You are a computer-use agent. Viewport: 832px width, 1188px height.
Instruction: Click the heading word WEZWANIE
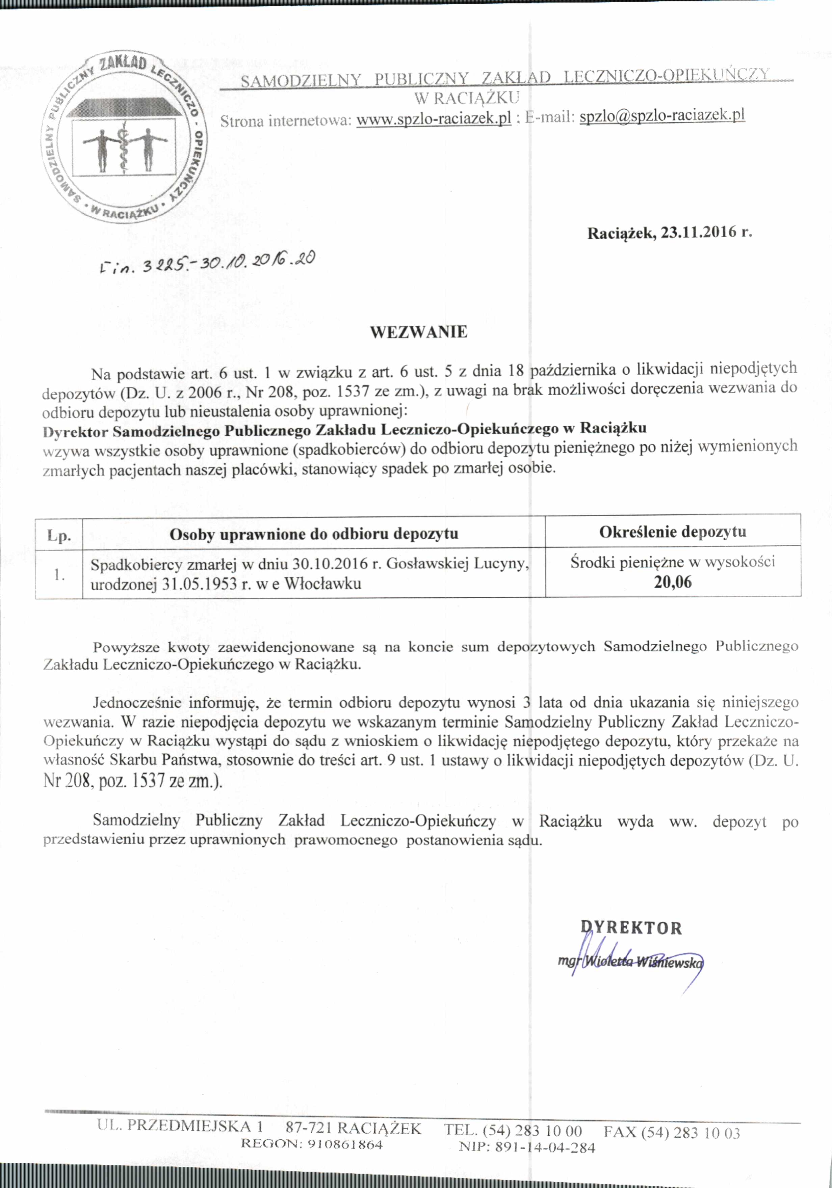pos(418,332)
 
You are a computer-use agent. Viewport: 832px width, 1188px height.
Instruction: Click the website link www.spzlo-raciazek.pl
pos(434,119)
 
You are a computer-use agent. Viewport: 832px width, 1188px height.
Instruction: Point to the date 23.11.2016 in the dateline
pos(699,232)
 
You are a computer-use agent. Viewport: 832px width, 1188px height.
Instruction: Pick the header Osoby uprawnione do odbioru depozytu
pos(314,534)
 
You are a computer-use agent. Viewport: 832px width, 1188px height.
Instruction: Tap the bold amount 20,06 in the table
pos(673,582)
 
